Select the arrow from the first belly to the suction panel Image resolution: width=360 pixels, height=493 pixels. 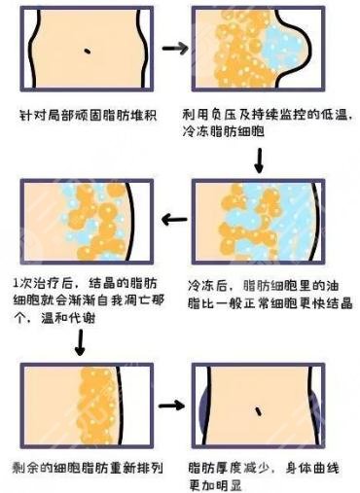(174, 47)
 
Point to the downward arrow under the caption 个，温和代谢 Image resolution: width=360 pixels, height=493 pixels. (79, 341)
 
